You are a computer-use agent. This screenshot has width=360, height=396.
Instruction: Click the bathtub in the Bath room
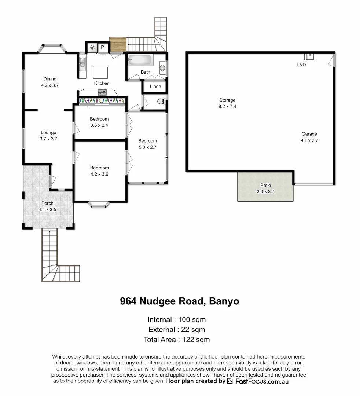[x=140, y=59]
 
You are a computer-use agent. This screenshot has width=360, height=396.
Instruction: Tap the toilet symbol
[x=161, y=102]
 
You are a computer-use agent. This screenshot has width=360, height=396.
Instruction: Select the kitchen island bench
[x=100, y=73]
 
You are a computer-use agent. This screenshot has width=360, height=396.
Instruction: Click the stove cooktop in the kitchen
[x=102, y=92]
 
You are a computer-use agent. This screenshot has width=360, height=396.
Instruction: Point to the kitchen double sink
[x=82, y=63]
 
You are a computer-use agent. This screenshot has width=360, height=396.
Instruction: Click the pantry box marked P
[x=103, y=47]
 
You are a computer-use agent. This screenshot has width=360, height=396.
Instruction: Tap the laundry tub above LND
[x=310, y=56]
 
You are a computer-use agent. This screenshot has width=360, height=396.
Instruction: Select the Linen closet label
[x=155, y=87]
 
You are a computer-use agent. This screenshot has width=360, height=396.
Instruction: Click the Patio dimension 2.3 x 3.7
[x=265, y=191]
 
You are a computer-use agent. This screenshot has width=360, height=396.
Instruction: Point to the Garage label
[x=309, y=134]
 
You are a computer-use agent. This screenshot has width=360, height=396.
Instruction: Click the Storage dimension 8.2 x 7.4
[x=227, y=106]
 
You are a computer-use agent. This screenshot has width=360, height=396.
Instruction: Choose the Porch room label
[x=47, y=203]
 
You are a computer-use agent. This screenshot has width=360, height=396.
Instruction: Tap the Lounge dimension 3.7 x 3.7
[x=48, y=139]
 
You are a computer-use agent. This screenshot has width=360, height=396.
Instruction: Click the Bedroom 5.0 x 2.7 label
[x=147, y=141]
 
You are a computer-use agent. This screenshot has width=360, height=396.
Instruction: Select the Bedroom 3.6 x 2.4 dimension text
[x=99, y=125]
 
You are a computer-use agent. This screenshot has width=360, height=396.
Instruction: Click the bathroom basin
[x=162, y=67]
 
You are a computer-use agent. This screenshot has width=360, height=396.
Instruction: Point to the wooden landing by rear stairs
[x=118, y=45]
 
